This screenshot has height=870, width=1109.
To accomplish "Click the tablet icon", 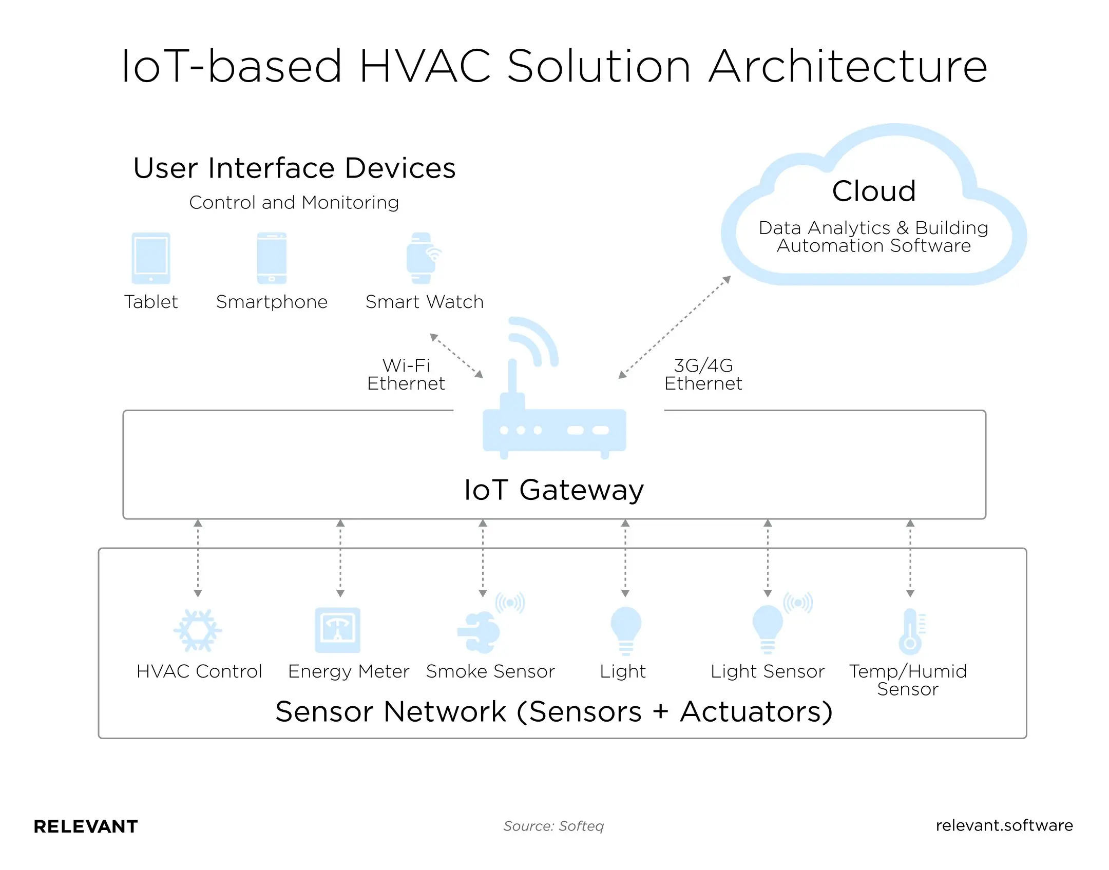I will [150, 258].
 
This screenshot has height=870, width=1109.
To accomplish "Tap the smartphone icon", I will [272, 258].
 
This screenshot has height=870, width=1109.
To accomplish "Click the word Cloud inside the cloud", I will [873, 191].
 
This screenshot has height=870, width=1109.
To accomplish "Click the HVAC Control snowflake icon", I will [198, 630].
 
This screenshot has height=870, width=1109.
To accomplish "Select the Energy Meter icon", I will [337, 630].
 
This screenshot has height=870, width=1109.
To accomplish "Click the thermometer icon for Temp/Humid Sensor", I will [910, 630].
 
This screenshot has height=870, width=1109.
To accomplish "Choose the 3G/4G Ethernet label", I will [703, 375].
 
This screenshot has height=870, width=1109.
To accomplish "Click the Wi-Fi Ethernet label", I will [406, 375].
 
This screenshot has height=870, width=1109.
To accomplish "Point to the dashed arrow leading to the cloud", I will [675, 327].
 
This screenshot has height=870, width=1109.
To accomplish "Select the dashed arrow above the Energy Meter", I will [340, 558].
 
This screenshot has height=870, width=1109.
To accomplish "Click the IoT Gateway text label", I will [553, 490].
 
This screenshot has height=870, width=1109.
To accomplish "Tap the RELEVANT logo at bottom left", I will [86, 826].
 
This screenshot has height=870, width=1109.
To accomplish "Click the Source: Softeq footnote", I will [553, 826].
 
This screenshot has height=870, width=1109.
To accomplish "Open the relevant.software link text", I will [1004, 825].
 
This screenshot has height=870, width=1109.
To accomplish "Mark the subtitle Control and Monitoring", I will [294, 203].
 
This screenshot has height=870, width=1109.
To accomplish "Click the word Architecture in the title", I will [848, 67].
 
